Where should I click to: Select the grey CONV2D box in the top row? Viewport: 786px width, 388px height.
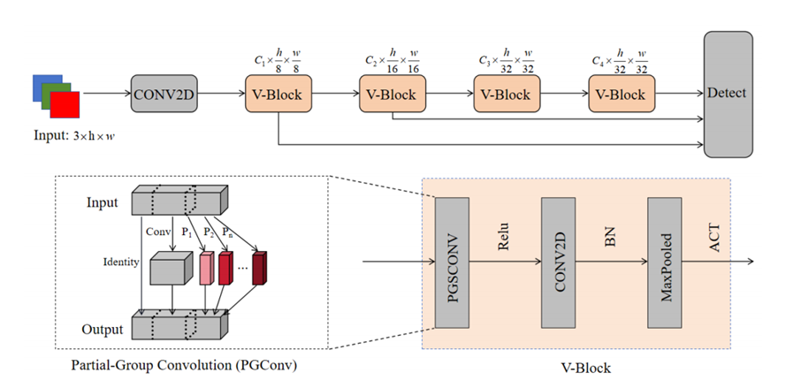pyautogui.click(x=163, y=92)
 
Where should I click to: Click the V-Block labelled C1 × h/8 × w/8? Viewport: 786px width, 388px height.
pyautogui.click(x=278, y=93)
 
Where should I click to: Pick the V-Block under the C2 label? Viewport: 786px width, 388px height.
pyautogui.click(x=393, y=93)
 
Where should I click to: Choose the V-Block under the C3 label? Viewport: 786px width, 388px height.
pyautogui.click(x=507, y=93)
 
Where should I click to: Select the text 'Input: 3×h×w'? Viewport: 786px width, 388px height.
pyautogui.click(x=72, y=134)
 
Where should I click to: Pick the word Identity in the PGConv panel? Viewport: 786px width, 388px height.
pyautogui.click(x=121, y=262)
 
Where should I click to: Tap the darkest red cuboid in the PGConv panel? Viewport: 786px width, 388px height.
pyautogui.click(x=260, y=267)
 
